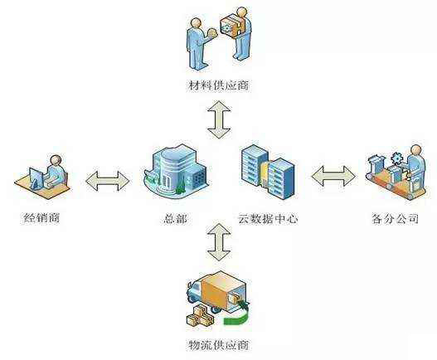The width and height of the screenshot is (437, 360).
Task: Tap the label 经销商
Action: coord(41,217)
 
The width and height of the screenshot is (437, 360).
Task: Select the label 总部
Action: coord(175,218)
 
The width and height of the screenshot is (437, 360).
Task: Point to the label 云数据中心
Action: coord(268,218)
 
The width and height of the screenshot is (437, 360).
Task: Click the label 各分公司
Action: coord(396,218)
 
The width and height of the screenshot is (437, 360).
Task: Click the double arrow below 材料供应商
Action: coord(219,119)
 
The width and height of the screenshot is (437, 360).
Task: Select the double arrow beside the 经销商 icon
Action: coord(108,181)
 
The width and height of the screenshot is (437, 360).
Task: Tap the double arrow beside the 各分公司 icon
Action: coord(333,176)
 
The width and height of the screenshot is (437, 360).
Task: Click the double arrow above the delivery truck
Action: coord(220,241)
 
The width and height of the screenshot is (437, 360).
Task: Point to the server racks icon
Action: coord(268,172)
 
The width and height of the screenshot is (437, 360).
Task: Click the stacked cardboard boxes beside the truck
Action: coord(199,316)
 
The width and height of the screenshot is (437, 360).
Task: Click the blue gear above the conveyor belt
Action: coord(397,158)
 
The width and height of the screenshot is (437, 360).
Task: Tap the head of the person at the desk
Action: coord(56,161)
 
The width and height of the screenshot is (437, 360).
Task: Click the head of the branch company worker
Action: coord(416,150)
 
